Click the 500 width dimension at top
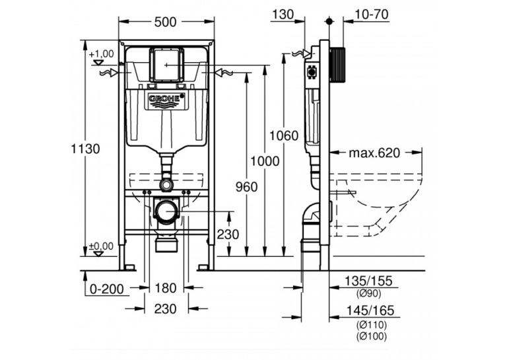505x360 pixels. [x=165, y=22]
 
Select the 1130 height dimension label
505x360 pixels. [x=85, y=149]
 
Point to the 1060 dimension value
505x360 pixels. [x=284, y=135]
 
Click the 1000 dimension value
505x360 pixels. [x=265, y=161]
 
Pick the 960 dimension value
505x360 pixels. [x=246, y=187]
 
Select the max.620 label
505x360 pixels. [x=374, y=153]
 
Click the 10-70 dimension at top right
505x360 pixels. [x=372, y=14]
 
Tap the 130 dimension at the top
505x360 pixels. [x=283, y=14]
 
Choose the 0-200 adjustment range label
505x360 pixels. [x=106, y=289]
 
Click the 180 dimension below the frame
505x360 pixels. [x=166, y=288]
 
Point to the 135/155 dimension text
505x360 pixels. [x=368, y=281]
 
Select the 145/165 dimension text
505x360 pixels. [x=370, y=310]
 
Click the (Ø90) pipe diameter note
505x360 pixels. [x=369, y=293]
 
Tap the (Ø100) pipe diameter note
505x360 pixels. [x=372, y=336]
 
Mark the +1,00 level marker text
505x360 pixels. [x=102, y=54]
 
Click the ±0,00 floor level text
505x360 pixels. [x=101, y=246]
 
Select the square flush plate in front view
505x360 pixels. [x=166, y=65]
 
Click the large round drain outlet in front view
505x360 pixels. [x=166, y=211]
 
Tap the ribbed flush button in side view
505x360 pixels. [x=337, y=67]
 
